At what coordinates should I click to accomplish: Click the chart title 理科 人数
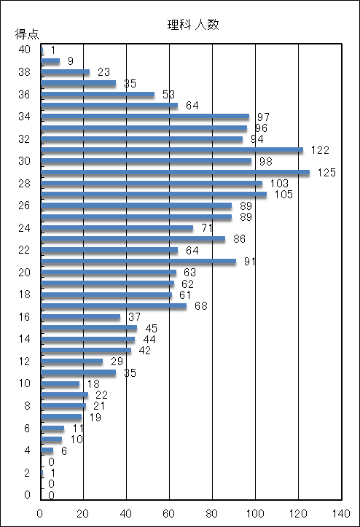click(193, 25)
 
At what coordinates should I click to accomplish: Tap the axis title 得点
click(27, 34)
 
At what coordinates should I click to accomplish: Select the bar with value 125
click(175, 172)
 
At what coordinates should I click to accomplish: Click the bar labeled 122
click(172, 149)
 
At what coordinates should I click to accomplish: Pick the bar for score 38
click(65, 71)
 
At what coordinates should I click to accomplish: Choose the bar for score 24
click(117, 227)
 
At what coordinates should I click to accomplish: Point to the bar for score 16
click(81, 316)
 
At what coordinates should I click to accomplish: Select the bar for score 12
click(72, 361)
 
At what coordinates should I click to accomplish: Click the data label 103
click(279, 183)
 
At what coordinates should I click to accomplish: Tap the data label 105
click(283, 195)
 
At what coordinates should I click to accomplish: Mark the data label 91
click(250, 261)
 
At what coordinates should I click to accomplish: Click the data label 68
click(201, 305)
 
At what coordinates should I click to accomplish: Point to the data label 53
click(169, 95)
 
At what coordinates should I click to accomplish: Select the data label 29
click(117, 361)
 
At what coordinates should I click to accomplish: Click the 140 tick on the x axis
click(341, 513)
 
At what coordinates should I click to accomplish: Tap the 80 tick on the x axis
click(212, 513)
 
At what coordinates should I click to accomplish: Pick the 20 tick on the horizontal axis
click(83, 513)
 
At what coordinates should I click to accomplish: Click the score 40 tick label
click(25, 50)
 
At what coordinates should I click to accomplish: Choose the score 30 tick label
click(25, 160)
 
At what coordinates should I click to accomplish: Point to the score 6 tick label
click(27, 428)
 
